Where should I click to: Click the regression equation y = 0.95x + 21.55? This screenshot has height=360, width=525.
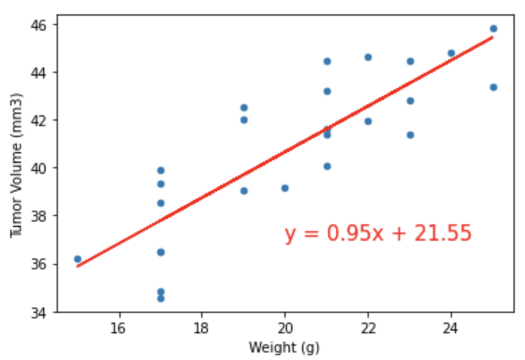(378, 234)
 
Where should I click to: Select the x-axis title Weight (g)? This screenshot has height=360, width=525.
(284, 348)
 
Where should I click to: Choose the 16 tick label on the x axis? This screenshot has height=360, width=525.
(119, 328)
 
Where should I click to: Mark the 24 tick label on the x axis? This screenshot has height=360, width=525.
(451, 328)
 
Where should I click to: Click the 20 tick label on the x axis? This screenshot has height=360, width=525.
(285, 328)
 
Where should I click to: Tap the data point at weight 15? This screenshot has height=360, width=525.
(78, 259)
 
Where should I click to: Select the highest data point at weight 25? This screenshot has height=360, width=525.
(493, 29)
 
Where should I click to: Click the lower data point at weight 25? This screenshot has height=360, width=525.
(493, 87)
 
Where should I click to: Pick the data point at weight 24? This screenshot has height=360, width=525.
(451, 53)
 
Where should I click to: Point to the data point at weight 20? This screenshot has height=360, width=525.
(285, 188)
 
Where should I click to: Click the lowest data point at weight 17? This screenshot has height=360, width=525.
(161, 299)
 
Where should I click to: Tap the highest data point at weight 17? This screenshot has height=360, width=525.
(161, 170)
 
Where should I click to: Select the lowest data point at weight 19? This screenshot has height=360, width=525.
(244, 191)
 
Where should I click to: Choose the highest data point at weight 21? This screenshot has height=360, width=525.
(327, 61)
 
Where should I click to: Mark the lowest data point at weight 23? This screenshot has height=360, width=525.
(410, 135)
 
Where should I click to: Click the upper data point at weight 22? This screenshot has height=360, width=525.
(368, 57)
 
